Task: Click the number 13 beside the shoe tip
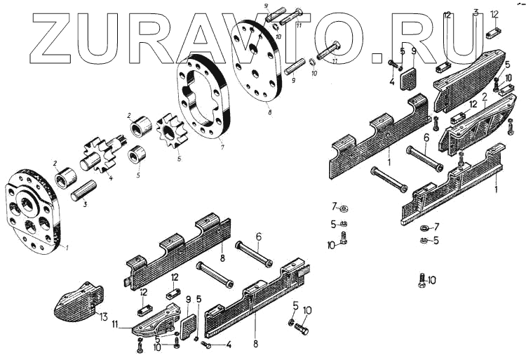[x=104, y=317]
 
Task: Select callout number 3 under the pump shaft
[x=85, y=204]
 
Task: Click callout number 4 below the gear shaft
[x=110, y=178]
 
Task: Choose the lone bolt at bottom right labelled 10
[x=423, y=279]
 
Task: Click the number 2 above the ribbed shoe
[x=483, y=95]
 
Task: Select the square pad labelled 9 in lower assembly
[x=187, y=324]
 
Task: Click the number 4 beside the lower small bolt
[x=228, y=345]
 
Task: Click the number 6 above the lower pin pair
[x=258, y=238]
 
